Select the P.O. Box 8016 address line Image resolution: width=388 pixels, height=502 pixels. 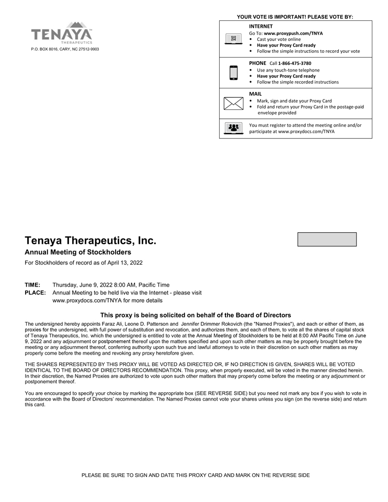65,49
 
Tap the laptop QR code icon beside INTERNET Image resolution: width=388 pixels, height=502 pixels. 233,39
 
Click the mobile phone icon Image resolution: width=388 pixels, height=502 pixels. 233,73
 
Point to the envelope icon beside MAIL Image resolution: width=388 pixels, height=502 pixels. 233,104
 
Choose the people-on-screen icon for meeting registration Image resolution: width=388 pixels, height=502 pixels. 233,128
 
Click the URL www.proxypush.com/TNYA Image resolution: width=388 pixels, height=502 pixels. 293,33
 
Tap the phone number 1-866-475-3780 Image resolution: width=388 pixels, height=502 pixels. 294,63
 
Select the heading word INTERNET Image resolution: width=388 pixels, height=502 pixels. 260,26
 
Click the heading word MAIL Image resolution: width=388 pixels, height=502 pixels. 255,94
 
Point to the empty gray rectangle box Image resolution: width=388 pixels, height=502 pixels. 327,239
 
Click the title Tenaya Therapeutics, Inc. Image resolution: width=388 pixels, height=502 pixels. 90,241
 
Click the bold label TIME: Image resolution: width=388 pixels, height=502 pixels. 32,285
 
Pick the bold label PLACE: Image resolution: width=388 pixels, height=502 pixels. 35,293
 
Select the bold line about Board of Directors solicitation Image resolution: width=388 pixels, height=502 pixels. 195,315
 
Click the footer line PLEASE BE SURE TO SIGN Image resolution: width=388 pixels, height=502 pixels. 195,475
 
